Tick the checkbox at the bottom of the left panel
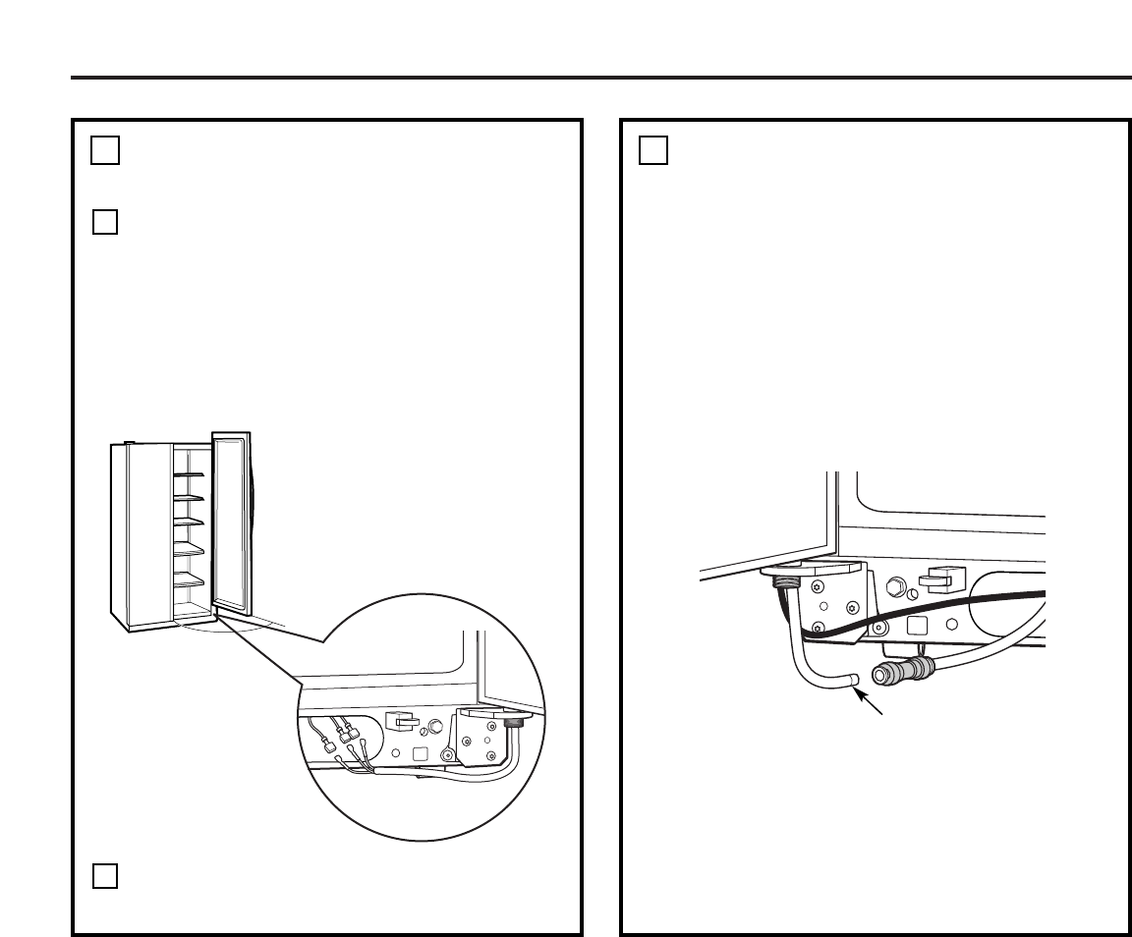(106, 875)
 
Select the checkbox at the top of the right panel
(653, 150)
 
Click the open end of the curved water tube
(853, 680)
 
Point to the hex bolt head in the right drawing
(895, 588)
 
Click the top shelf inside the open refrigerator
(189, 474)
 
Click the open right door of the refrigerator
(232, 530)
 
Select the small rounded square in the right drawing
(916, 625)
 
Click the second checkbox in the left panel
(106, 222)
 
